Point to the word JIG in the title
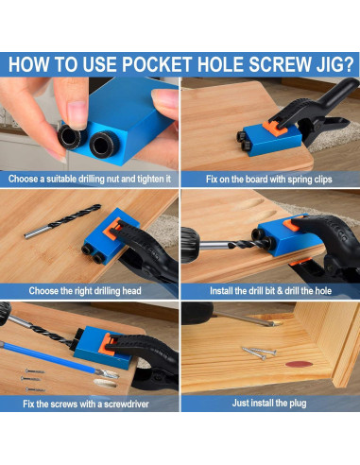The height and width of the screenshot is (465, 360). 317,65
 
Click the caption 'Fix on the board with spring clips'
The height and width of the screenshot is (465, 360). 269,178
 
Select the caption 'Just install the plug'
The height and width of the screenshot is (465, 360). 269,404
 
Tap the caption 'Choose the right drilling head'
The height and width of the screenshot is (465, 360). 90,290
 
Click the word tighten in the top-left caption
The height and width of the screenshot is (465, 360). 143,178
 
